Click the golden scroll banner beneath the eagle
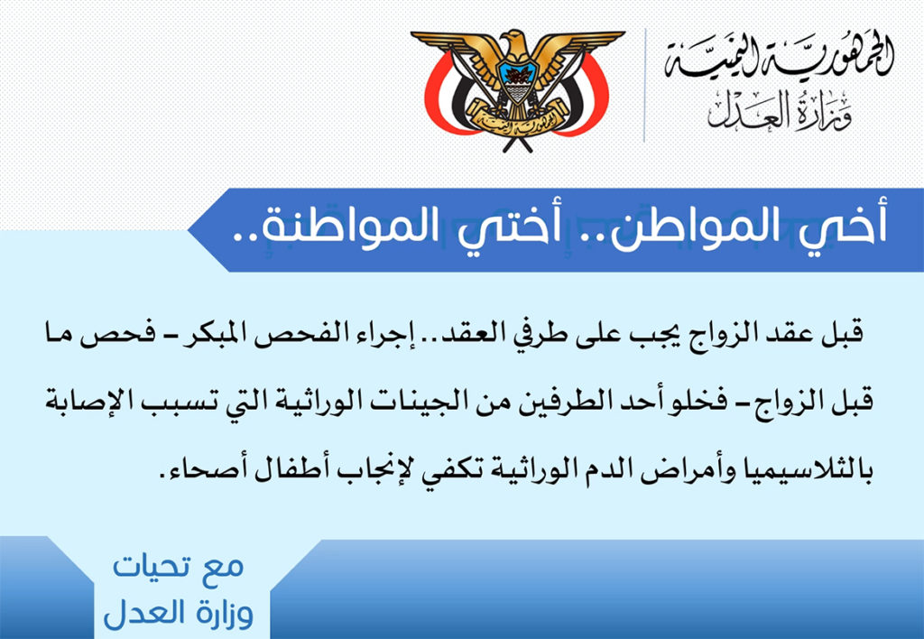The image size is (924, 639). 517,118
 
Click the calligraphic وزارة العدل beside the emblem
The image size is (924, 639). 780,112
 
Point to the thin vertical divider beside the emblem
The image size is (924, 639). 644,86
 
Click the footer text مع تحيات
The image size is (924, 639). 178,567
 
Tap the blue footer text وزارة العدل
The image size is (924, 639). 178,613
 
